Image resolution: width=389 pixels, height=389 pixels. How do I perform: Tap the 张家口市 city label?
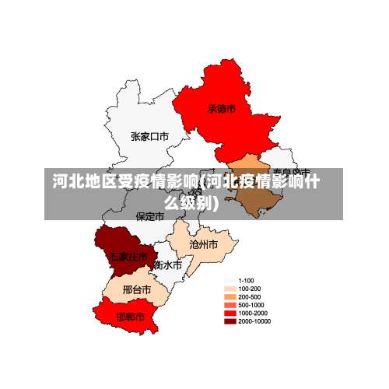[x=149, y=136]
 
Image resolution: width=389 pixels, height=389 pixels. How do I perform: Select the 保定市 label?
[x=150, y=216]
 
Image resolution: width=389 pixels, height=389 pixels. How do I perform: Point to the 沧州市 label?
[x=203, y=244]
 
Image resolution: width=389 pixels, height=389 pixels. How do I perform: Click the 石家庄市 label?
[x=128, y=256]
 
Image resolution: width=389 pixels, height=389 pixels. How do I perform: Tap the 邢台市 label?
[x=137, y=289]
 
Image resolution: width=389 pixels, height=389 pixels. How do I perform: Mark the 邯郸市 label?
[x=130, y=317]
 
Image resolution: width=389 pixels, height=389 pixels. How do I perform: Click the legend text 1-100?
[x=246, y=280]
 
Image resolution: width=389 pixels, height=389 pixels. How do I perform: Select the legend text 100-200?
[x=249, y=289]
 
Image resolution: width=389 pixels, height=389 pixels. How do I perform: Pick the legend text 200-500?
[x=249, y=296]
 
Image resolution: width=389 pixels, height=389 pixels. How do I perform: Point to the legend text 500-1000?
[x=251, y=305]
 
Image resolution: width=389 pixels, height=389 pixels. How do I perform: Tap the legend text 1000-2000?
[x=252, y=313]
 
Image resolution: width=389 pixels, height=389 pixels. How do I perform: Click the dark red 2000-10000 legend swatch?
[x=230, y=321]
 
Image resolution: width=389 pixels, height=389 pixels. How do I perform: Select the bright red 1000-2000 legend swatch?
[x=230, y=313]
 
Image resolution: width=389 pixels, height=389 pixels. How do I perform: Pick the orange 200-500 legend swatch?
[x=230, y=296]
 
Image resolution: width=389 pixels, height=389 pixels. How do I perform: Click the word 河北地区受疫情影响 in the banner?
[x=124, y=183]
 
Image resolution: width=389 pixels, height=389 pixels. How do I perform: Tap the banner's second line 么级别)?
[x=191, y=204]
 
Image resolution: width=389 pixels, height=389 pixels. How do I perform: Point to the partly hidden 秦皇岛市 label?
[x=292, y=170]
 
